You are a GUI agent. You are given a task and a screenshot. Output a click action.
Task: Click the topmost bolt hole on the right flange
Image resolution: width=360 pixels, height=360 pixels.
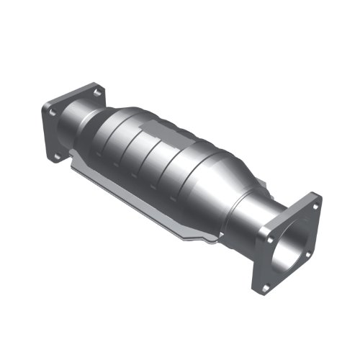pos(315,202)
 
